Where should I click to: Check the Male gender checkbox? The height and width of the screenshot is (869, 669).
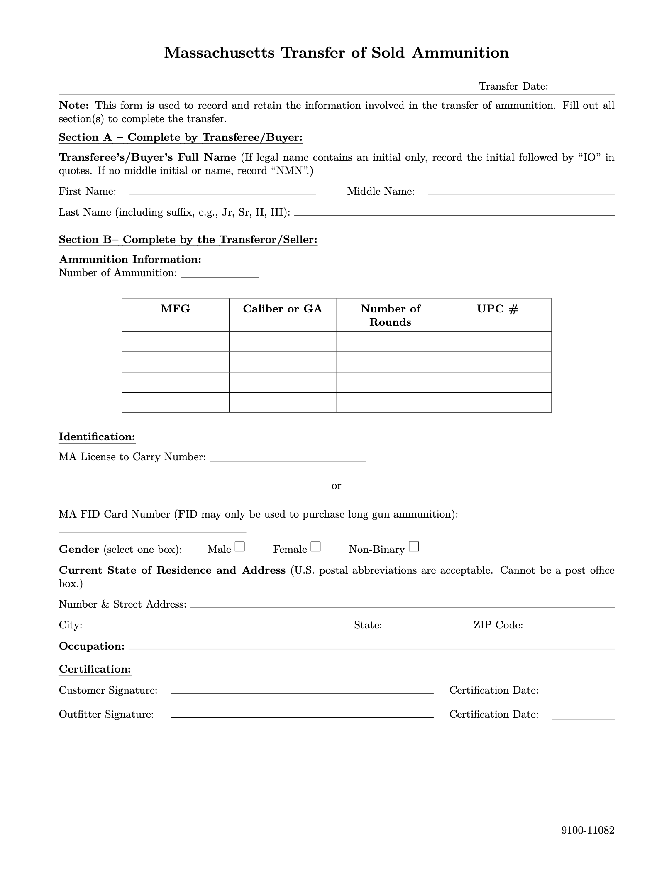(240, 547)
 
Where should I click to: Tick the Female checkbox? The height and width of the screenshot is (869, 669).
(316, 547)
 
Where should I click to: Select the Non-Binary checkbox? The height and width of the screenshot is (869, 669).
(414, 547)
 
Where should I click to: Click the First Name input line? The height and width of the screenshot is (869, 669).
(223, 192)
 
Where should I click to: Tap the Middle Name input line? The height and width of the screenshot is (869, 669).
(521, 192)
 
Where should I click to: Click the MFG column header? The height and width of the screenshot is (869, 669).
(175, 309)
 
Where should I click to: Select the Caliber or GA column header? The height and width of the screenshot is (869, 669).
(283, 309)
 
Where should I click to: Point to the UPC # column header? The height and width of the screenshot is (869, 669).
(498, 309)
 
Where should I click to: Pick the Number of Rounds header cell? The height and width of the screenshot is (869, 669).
(390, 315)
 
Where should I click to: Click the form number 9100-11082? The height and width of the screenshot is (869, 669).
(588, 830)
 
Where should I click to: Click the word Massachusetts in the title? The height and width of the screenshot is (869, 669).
(219, 53)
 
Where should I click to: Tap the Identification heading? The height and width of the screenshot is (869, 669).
(97, 437)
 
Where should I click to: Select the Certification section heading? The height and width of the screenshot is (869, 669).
(95, 669)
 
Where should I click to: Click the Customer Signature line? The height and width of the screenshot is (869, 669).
(302, 691)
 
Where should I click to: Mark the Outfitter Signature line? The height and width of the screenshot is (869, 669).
(302, 715)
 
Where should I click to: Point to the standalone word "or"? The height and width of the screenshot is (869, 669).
(336, 486)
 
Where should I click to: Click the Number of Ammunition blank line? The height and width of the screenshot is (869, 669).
(220, 275)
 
